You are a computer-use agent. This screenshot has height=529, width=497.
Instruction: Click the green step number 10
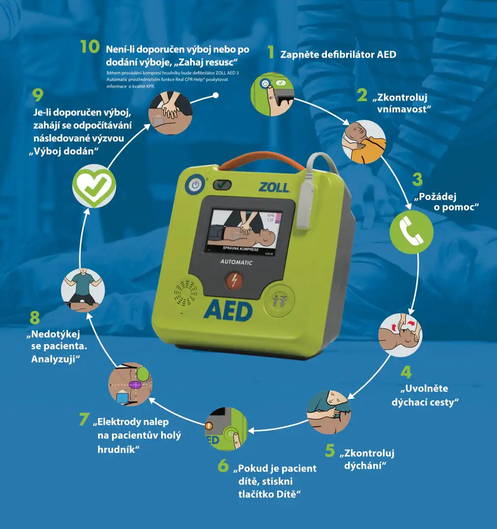click(x=90, y=47)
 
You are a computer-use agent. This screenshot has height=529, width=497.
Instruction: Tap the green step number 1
click(x=270, y=52)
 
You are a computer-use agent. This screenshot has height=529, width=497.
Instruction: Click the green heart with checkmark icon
click(x=94, y=185)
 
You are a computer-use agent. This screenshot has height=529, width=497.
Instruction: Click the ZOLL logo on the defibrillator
click(x=274, y=188)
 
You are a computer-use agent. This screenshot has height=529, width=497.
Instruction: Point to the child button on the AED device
click(x=279, y=301)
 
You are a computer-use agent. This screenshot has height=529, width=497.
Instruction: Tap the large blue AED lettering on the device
click(x=228, y=311)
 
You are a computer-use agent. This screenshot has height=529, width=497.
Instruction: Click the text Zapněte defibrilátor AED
click(x=338, y=54)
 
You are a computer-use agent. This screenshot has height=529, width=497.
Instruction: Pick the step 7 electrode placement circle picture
click(x=130, y=384)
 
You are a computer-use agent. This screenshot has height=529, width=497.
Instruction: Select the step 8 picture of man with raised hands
click(x=82, y=290)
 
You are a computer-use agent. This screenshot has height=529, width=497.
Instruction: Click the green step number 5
click(x=330, y=451)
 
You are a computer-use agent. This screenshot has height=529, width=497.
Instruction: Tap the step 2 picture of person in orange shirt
click(x=363, y=141)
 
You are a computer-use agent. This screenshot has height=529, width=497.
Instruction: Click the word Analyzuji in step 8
click(x=56, y=359)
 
